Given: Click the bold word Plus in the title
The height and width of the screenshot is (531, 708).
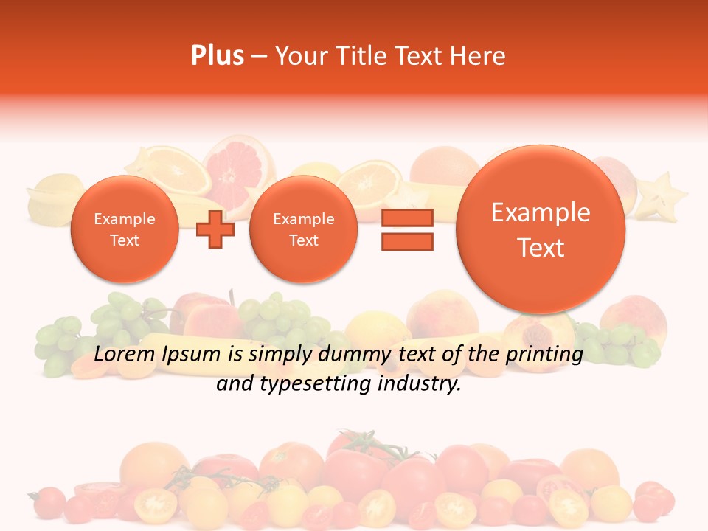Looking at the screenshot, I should click(217, 56).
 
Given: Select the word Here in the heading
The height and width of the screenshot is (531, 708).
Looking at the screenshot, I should click(479, 56).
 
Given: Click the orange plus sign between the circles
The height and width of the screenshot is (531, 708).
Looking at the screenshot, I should click(215, 229).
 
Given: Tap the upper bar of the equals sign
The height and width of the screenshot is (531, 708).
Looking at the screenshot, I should click(407, 218).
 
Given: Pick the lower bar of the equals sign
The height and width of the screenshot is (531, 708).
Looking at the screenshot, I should click(407, 241).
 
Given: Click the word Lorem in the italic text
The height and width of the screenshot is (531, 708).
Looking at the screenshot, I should click(122, 355).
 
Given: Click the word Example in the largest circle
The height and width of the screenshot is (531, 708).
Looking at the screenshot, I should click(541, 212).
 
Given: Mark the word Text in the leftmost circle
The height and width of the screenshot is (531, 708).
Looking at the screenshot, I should click(124, 240).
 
